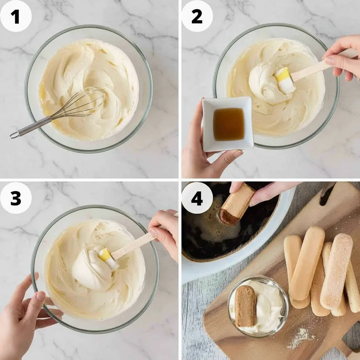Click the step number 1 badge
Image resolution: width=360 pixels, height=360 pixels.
[16, 16]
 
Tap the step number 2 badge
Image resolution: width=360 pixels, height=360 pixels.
[197, 16]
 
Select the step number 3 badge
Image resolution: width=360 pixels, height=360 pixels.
[16, 198]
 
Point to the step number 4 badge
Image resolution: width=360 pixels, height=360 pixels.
[197, 198]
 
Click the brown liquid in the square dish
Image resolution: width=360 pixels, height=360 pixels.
[229, 124]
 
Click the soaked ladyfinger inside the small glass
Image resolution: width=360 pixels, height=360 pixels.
[245, 306]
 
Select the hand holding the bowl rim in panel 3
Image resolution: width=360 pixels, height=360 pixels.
[25, 317]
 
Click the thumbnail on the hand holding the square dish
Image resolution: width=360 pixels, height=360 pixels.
[238, 153]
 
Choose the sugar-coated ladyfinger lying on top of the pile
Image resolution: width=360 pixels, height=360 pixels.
[336, 271]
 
